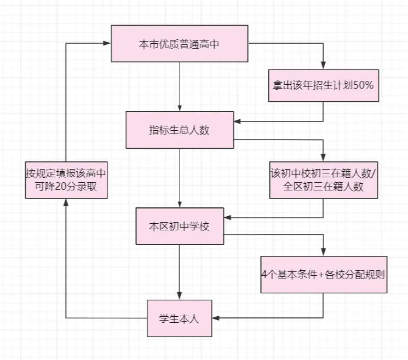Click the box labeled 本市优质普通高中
179,44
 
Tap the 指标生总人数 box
179,130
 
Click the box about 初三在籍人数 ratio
323,181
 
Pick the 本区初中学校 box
179,226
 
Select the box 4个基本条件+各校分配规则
323,274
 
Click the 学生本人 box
179,318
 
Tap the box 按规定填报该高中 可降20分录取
65,181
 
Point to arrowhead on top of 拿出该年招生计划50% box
323,65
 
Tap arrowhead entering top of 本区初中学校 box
179,204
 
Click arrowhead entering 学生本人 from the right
215,318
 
